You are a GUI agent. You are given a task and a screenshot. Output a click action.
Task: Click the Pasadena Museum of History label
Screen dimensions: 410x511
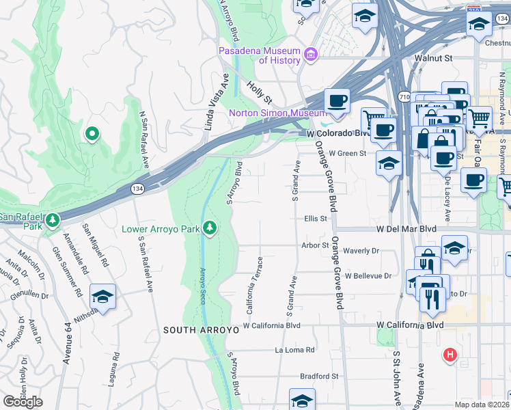(x=260, y=55)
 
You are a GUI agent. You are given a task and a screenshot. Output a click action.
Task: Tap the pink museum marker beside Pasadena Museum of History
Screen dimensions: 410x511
(x=311, y=54)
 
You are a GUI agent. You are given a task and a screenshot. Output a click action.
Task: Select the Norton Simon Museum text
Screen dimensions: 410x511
(x=277, y=113)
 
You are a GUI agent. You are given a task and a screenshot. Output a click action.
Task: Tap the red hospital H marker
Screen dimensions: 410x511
(x=450, y=355)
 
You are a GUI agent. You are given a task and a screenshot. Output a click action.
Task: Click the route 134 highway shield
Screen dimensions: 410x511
(x=137, y=188)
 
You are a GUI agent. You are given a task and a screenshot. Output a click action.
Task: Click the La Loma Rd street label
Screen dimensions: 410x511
(x=294, y=350)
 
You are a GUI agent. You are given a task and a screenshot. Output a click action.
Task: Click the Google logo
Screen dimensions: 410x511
(x=23, y=401)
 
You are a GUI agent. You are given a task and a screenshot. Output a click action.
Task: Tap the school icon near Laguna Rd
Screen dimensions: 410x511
(x=102, y=296)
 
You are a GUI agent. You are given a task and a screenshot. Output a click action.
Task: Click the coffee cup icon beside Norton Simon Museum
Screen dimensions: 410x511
(x=336, y=101)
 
